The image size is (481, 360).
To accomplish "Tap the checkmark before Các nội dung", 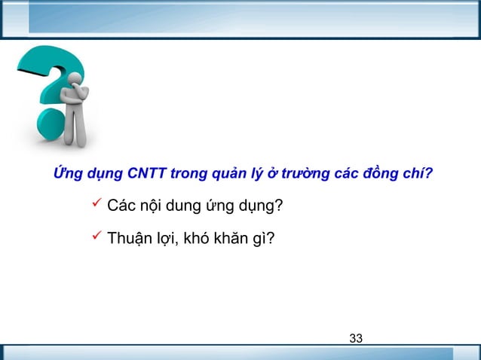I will coord(95,203).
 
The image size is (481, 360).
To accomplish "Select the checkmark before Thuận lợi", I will coord(95,238).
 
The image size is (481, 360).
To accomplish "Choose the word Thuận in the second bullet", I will coord(133,240).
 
